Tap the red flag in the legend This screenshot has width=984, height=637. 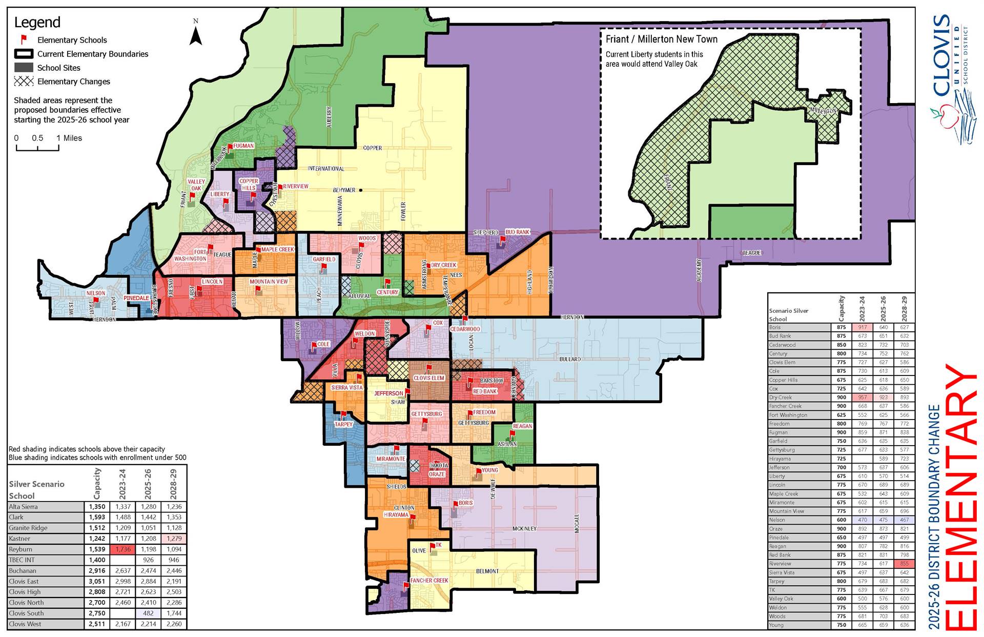point(24,39)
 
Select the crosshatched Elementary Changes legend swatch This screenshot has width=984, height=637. point(24,81)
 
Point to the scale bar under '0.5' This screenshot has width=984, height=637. point(37,149)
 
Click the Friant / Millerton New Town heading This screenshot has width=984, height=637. point(661,39)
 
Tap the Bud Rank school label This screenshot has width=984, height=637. point(517,232)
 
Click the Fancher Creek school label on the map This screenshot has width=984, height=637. point(429,581)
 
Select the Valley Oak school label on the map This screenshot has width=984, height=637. point(196,185)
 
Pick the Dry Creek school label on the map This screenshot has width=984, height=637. point(443,265)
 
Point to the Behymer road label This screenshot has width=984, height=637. point(344,190)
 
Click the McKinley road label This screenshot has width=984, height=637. point(524,528)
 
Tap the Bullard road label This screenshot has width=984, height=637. point(570,359)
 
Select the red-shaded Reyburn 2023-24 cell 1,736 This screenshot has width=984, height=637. point(122,549)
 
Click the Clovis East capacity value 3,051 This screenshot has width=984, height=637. point(97,581)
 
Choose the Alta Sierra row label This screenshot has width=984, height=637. point(23,507)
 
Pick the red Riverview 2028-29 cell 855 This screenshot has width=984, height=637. point(904,564)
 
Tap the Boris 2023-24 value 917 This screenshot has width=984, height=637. point(862,327)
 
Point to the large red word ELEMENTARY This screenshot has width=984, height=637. point(961,497)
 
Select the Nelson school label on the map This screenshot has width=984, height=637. point(95,293)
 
